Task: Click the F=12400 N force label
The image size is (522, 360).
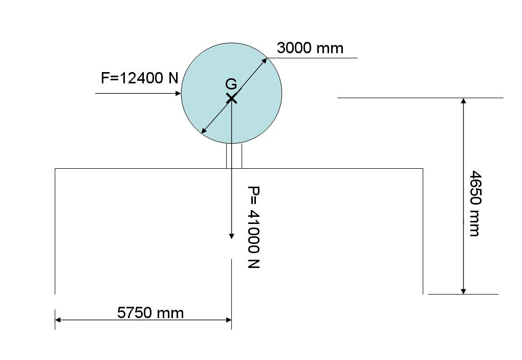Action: pyautogui.click(x=139, y=78)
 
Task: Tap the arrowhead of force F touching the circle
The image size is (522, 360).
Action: pyautogui.click(x=179, y=93)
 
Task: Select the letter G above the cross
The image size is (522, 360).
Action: pyautogui.click(x=231, y=84)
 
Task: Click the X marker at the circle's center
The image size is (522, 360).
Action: pyautogui.click(x=231, y=98)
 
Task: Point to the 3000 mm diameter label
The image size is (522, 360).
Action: pyautogui.click(x=310, y=48)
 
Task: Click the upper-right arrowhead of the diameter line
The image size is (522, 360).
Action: pyautogui.click(x=265, y=60)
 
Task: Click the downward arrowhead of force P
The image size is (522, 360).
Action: pyautogui.click(x=231, y=236)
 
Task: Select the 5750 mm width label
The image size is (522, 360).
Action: pyautogui.click(x=150, y=312)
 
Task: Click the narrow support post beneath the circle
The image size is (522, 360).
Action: pyautogui.click(x=234, y=155)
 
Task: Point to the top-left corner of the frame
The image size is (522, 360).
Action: pyautogui.click(x=55, y=168)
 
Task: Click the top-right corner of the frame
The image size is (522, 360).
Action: pyautogui.click(x=423, y=168)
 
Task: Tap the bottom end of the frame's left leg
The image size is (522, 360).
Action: pyautogui.click(x=55, y=293)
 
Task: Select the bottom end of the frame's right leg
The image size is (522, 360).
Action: pyautogui.click(x=423, y=293)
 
